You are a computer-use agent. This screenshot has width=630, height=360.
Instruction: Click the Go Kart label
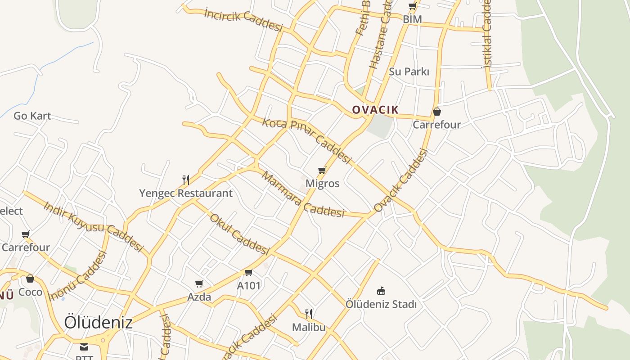click(x=32, y=116)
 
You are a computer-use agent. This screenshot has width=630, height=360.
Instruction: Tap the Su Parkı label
click(x=409, y=72)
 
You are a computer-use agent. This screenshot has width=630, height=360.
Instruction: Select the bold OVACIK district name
click(x=375, y=110)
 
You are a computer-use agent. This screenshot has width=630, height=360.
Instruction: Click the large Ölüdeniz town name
click(x=98, y=322)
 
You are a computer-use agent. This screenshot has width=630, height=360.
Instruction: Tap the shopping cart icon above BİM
click(x=412, y=6)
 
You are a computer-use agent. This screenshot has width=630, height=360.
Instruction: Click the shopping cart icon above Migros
click(x=322, y=171)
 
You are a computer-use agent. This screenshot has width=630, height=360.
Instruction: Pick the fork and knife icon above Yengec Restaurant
click(x=185, y=180)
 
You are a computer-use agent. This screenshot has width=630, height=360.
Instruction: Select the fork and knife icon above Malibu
click(x=309, y=314)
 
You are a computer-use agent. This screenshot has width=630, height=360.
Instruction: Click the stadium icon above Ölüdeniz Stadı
click(x=381, y=291)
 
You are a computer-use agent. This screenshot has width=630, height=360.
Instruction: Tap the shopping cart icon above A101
click(x=249, y=272)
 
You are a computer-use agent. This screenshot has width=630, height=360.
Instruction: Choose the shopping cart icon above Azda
click(x=199, y=283)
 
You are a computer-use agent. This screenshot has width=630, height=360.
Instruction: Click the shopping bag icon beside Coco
click(x=30, y=279)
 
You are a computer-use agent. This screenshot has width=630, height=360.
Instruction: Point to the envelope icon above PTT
click(x=84, y=346)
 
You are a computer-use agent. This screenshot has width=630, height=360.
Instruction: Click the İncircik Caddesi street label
click(x=243, y=20)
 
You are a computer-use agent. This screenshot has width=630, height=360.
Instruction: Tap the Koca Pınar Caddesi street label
click(x=306, y=140)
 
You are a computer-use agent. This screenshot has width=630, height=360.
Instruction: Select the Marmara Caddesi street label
click(x=303, y=195)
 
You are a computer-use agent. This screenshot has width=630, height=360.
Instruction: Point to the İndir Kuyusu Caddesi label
click(x=93, y=226)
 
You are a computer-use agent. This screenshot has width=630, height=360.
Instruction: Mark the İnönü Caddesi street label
click(x=78, y=275)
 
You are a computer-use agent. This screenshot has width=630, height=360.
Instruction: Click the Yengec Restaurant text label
click(x=186, y=193)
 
